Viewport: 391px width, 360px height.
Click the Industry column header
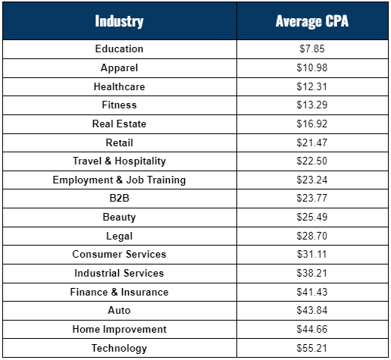pos(119,21)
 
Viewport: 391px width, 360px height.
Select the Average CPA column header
pos(312,21)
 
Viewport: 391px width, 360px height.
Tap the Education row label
pos(119,49)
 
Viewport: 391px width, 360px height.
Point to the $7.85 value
pos(312,49)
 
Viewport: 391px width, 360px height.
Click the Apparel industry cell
pos(119,68)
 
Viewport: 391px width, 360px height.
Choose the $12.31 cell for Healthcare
pos(312,86)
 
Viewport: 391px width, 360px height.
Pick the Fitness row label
pos(119,105)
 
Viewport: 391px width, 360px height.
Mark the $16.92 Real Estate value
pos(312,124)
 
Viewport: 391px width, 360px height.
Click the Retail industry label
pos(119,142)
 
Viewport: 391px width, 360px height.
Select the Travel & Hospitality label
pos(119,161)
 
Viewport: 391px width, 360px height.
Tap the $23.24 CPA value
pos(312,180)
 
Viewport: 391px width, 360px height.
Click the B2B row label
pos(119,198)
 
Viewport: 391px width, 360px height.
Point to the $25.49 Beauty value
pos(312,217)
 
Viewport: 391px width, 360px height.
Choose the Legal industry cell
pos(119,236)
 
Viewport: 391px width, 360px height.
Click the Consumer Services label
pos(119,254)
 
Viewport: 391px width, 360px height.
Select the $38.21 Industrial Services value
pos(312,273)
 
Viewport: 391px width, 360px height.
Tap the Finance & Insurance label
pos(119,292)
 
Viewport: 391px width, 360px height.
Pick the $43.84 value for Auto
pos(312,310)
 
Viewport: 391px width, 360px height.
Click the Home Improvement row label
pos(119,330)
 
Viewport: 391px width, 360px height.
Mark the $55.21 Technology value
pos(312,348)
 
